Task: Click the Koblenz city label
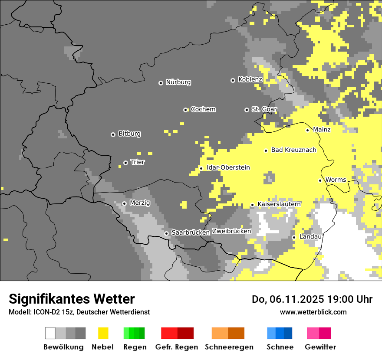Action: [250, 80]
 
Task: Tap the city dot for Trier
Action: [126, 163]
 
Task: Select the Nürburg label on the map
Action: [178, 82]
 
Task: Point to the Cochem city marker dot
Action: [185, 110]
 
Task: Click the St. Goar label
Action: [264, 109]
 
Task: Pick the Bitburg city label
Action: [129, 134]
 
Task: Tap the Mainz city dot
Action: [307, 130]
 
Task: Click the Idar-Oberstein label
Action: [228, 168]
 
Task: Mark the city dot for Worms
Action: [320, 180]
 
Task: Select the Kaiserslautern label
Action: [279, 204]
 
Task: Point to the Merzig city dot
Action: [124, 203]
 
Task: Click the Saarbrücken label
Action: [191, 233]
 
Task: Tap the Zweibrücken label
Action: [231, 232]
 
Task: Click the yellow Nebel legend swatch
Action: [103, 333]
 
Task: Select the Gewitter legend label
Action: [320, 347]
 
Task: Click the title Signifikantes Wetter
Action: [72, 299]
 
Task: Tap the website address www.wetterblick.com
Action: [313, 312]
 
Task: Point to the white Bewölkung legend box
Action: [50, 333]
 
